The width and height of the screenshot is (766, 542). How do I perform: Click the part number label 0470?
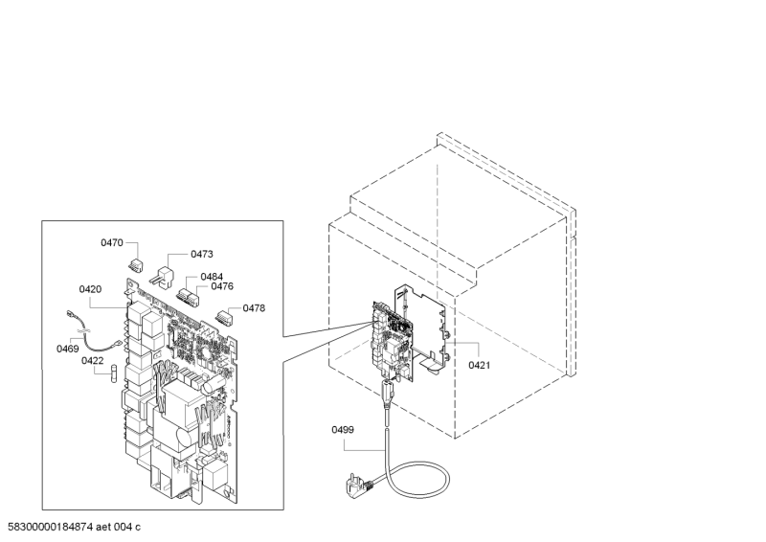112,243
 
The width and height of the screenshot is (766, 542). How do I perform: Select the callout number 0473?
201,254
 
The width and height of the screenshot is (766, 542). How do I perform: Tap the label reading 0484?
212,276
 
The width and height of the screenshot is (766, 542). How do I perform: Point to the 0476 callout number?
222,286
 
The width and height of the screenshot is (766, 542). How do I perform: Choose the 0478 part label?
254,307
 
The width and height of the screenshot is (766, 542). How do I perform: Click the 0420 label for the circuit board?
90,288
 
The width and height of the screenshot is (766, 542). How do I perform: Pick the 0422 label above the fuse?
92,360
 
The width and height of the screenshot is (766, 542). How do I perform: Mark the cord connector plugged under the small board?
387,393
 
